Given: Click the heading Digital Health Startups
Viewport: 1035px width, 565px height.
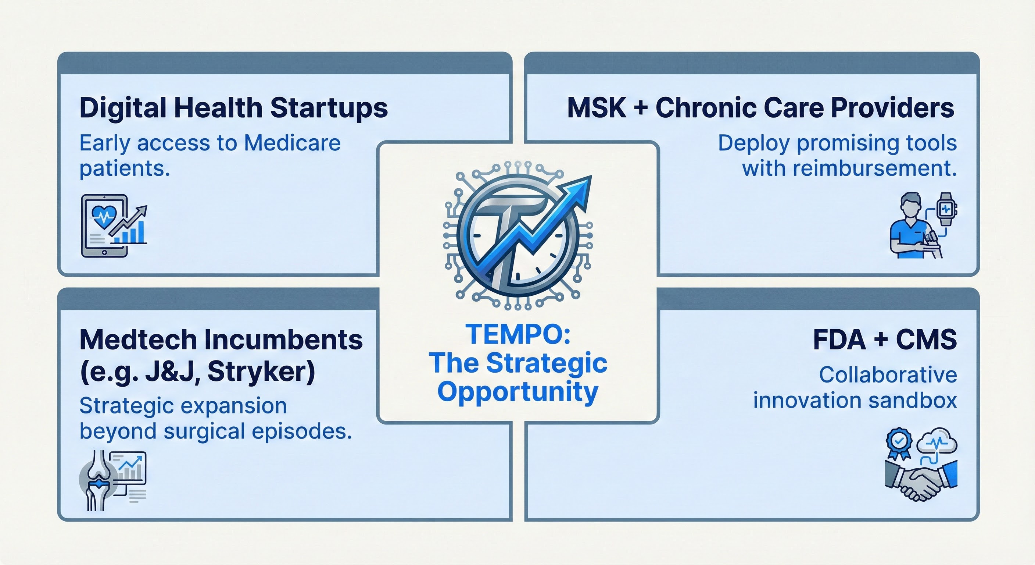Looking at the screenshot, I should pos(233,108).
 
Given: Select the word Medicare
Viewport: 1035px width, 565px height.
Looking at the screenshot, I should pos(292,143).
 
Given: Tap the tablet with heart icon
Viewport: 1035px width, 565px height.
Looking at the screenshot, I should pos(104,225).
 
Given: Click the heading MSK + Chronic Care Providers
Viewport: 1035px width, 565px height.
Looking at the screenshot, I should pos(760,108).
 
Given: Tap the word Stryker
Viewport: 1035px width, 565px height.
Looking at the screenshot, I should pos(261,372).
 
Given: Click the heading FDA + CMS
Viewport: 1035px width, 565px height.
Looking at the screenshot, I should pos(885,340).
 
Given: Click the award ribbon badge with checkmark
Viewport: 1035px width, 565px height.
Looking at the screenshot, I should pos(899,444).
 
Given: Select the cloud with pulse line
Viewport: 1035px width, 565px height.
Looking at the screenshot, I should pos(937,441).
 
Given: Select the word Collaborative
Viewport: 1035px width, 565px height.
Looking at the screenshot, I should pos(888,375).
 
